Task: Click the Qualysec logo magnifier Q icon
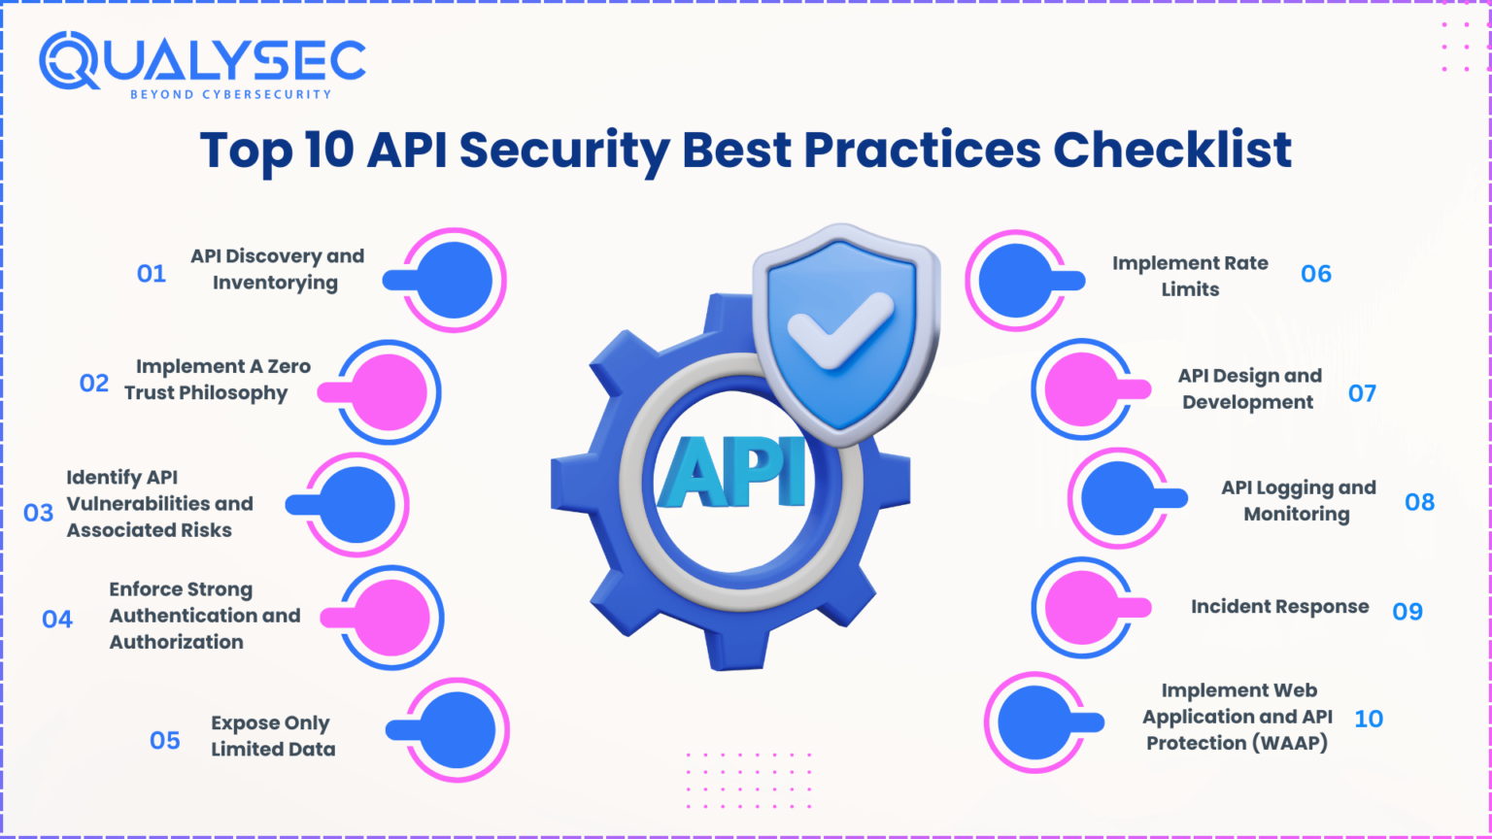69,60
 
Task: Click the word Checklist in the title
1172,150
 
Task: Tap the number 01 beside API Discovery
152,274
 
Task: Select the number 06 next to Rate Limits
1316,274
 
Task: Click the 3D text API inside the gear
732,472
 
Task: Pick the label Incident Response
1279,607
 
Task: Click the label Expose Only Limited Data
273,736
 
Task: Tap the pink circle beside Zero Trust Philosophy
389,392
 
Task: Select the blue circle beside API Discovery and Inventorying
455,281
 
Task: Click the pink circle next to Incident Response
1083,607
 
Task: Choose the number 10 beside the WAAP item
1369,720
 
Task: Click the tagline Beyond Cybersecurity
230,94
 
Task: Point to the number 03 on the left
38,513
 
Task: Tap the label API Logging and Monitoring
1298,501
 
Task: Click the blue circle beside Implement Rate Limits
1016,281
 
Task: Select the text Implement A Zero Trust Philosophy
218,380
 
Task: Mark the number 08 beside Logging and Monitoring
1419,502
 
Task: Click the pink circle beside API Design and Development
1083,389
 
